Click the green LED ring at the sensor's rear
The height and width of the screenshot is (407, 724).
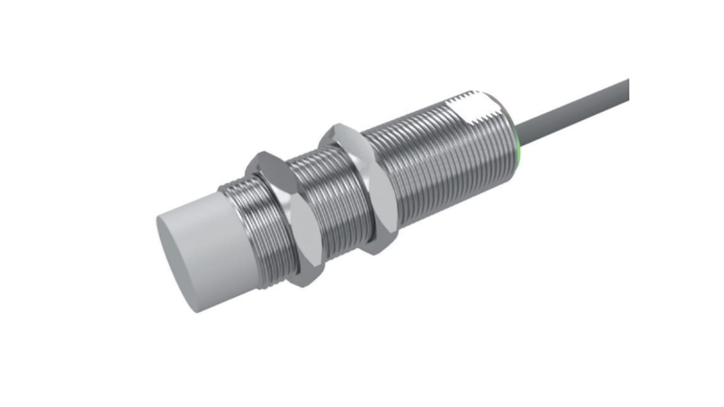(517, 153)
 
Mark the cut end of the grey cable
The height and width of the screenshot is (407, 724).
(627, 90)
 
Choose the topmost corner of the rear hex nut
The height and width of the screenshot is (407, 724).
(339, 124)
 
